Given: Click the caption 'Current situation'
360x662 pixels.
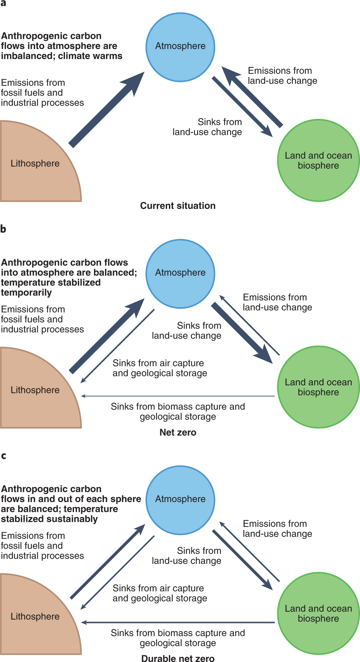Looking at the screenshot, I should tap(178, 206).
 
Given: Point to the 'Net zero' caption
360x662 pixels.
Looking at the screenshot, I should tap(178, 433).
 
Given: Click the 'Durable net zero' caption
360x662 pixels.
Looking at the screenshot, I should tap(178, 658).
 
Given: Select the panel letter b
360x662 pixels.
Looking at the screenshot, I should tap(3, 229).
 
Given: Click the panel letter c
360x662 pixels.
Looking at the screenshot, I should tap(3, 456).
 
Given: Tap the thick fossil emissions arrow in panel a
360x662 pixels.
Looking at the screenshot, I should tap(104, 111).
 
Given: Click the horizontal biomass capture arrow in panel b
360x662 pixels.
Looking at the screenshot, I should tap(177, 396).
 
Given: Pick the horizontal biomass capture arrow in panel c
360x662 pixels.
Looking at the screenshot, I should tap(177, 622).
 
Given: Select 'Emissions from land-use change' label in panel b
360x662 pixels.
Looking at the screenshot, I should tap(277, 302).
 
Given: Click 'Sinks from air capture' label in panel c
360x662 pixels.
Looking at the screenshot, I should tap(159, 593).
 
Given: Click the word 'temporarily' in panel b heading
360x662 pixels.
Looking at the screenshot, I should tap(26, 293).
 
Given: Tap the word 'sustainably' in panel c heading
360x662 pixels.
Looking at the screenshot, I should tap(73, 519).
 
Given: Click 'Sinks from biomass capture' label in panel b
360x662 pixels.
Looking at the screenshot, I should tap(178, 411).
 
